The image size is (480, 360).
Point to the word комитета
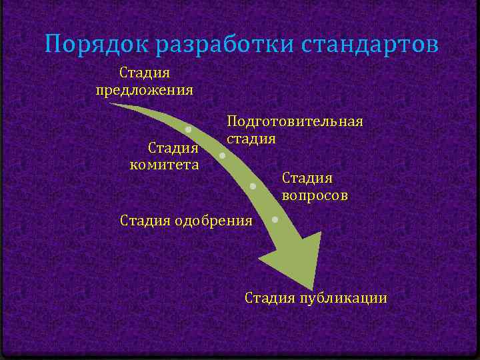tap(164, 164)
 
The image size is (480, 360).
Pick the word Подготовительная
tap(295, 121)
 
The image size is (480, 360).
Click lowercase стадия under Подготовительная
tap(251, 139)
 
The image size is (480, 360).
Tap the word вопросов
tap(315, 196)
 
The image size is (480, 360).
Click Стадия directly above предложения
tap(145, 71)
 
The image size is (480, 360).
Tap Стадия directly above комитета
tap(173, 147)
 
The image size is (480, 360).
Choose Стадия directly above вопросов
tap(307, 178)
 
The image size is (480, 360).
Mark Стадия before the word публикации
tap(270, 297)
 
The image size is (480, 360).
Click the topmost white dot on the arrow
tap(189, 129)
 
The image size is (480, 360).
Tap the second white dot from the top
tap(222, 156)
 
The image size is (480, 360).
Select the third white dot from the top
tap(253, 186)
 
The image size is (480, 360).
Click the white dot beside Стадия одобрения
tap(275, 218)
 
